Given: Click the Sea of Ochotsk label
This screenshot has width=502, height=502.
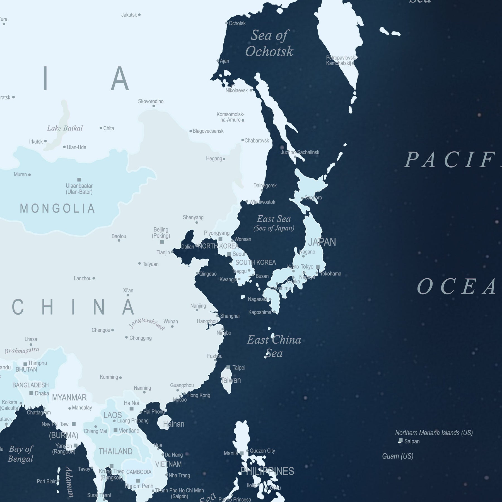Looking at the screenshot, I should tap(269, 44).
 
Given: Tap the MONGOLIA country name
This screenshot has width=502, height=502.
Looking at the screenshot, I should tap(57, 208).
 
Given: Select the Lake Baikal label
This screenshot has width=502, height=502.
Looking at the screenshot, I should tap(65, 128).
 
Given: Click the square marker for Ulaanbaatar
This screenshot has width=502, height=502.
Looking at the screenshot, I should tap(79, 180).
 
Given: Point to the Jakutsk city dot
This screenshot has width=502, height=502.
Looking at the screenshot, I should tap(139, 15).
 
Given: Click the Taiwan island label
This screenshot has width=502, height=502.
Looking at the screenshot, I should tap(230, 380).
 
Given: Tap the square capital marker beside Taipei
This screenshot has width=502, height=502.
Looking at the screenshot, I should tap(228, 367).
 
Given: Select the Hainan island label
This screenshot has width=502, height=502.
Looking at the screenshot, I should tap(174, 424).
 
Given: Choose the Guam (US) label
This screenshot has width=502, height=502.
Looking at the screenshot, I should tap(398, 456).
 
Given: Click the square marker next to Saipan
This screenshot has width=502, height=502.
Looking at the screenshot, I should tap(400, 441).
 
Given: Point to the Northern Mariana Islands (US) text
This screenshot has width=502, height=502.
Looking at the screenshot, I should tap(434, 433).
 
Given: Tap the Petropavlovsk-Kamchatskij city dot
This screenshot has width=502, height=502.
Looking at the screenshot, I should tap(353, 63).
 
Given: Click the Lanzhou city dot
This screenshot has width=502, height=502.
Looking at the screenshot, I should tap(94, 278).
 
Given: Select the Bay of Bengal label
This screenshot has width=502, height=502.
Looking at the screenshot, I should tap(21, 454).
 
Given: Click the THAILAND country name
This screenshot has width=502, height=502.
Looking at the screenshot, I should tap(115, 451).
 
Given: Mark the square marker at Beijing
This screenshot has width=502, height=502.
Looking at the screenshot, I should tap(162, 242).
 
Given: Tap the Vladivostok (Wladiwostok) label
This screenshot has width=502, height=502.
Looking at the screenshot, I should tap(262, 202).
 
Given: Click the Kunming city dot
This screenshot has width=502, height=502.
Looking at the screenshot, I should tap(120, 378).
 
